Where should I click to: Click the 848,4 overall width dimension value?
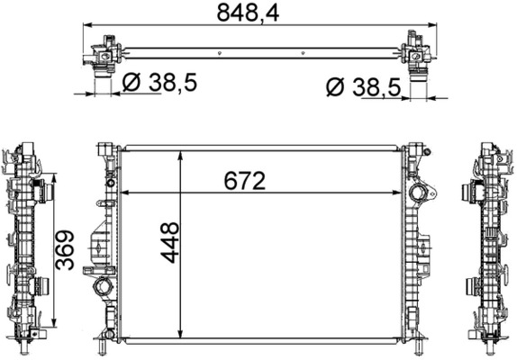(258, 13)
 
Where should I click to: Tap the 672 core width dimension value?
(244, 180)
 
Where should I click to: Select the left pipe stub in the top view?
(102, 80)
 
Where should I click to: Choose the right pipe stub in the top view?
(418, 82)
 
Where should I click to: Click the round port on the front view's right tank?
(418, 195)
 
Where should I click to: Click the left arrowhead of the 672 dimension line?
(125, 191)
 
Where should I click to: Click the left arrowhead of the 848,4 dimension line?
(87, 27)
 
